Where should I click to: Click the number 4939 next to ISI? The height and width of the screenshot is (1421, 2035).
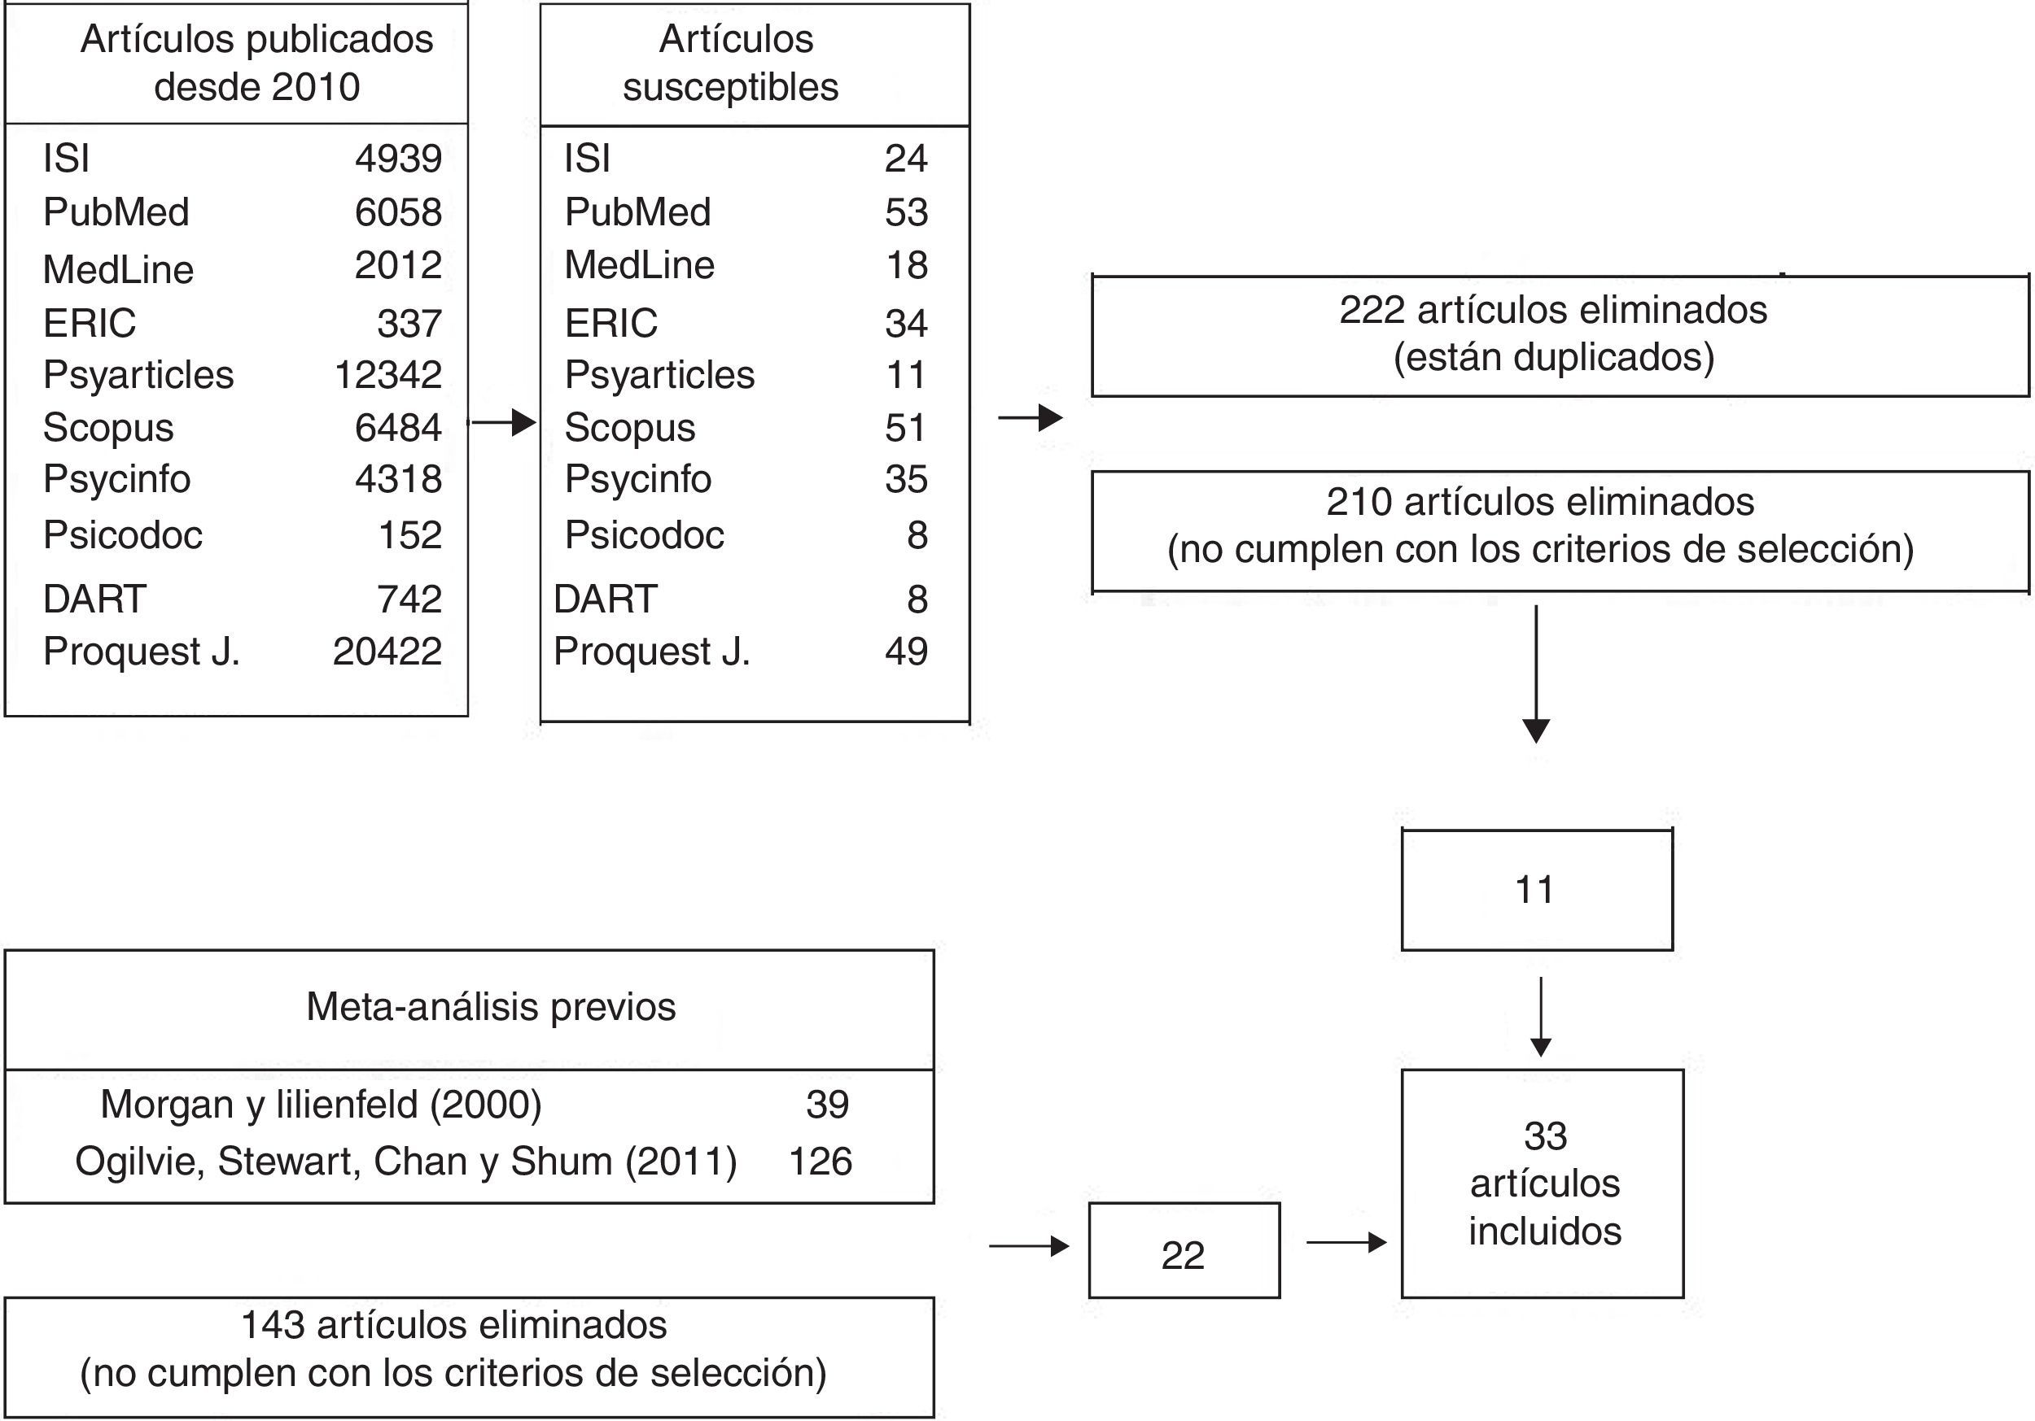[398, 159]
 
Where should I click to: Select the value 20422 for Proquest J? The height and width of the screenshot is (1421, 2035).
[387, 652]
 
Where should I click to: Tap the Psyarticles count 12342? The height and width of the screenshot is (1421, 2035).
[387, 375]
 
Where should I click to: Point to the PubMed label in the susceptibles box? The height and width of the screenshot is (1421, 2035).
[637, 212]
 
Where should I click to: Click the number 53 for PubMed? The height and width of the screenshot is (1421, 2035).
[906, 212]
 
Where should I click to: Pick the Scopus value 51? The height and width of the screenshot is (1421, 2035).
[905, 428]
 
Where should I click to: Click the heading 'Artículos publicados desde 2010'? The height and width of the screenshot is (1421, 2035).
[256, 63]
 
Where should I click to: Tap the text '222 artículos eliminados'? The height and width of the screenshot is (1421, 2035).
[1553, 310]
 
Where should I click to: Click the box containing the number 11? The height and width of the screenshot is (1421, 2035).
[1536, 890]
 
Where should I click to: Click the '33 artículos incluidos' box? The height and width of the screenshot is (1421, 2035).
[1543, 1183]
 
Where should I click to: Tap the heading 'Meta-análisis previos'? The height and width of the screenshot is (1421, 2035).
[491, 1007]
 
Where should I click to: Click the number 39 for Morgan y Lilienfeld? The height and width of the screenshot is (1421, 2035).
[827, 1105]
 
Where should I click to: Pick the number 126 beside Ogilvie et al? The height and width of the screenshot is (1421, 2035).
[820, 1162]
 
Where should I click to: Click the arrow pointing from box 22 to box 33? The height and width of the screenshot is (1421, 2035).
[1346, 1243]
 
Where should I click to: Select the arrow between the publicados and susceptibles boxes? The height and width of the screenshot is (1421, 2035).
[502, 423]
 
